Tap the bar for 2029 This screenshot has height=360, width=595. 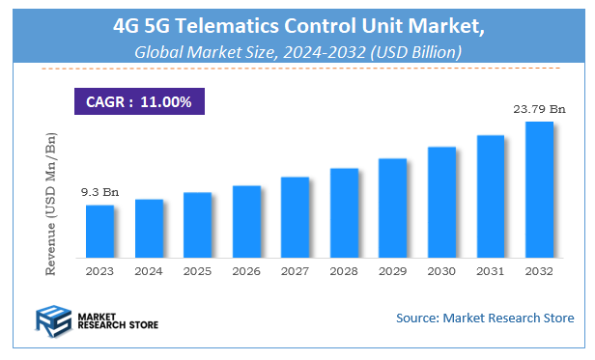392,209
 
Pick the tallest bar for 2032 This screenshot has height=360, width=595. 538,191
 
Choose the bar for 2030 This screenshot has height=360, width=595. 441,204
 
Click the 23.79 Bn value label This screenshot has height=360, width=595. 537,109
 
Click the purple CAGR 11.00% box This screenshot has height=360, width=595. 139,100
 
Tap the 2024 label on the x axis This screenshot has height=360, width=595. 149,272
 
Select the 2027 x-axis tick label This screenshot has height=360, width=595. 295,272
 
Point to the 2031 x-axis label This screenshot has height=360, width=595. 490,272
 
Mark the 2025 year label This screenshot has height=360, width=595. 197,272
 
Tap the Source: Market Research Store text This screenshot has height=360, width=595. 485,318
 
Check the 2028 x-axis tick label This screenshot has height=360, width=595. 344,272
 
